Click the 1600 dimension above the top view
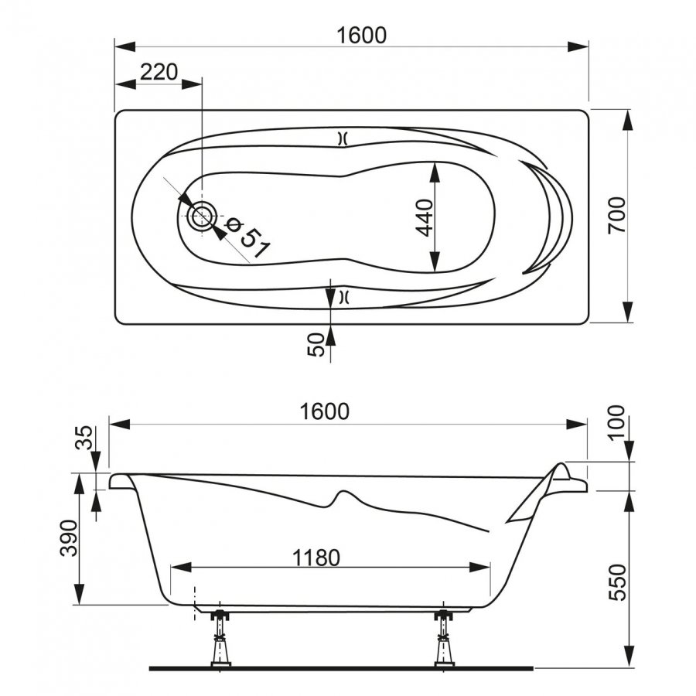click(x=361, y=36)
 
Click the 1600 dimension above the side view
click(x=325, y=412)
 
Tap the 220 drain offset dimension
click(x=159, y=72)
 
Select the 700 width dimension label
click(x=616, y=216)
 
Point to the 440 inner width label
click(x=425, y=218)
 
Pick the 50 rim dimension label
click(x=316, y=345)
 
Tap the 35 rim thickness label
click(x=84, y=438)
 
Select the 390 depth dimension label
click(x=69, y=538)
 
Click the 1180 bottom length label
click(x=316, y=558)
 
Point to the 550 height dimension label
click(x=617, y=582)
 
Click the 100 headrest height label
click(x=616, y=423)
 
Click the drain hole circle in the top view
click(x=202, y=217)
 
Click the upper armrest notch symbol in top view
click(x=343, y=139)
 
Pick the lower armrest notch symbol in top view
click(x=343, y=297)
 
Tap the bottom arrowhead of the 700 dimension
click(x=627, y=312)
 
